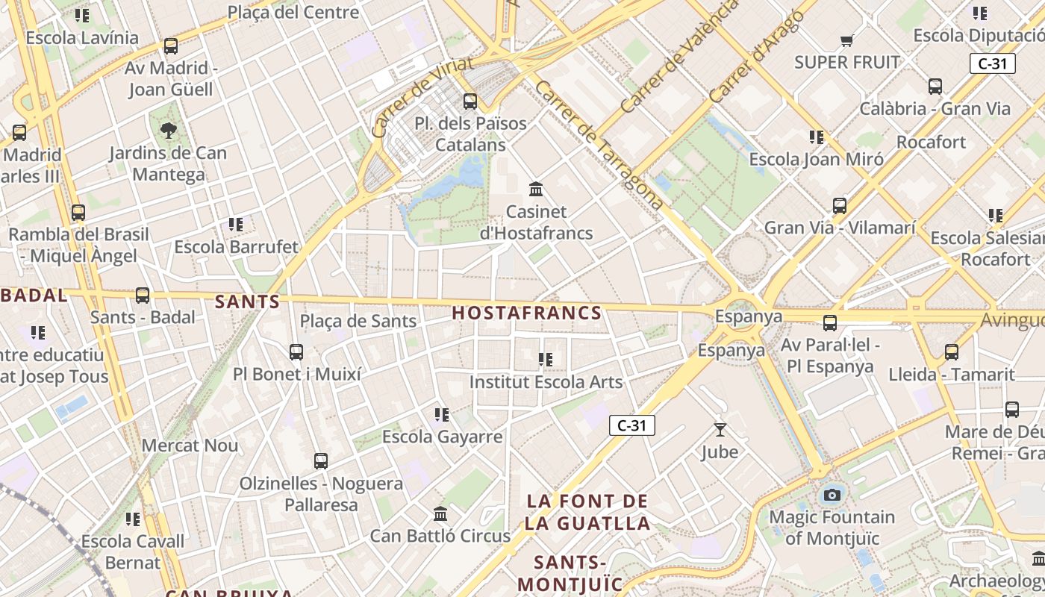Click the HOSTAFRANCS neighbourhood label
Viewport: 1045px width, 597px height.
pos(526,313)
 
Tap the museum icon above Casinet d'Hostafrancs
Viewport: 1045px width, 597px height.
pos(535,190)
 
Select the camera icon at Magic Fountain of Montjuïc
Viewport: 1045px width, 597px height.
pos(832,495)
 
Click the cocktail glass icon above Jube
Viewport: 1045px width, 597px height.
pos(720,430)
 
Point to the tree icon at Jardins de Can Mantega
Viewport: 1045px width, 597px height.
pos(169,131)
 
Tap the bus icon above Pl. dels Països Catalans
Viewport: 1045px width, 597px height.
pos(470,101)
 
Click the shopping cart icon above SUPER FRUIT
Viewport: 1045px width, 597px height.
pos(846,40)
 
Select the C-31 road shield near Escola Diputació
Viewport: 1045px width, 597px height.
pos(993,63)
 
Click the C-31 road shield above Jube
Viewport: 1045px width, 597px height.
pos(631,425)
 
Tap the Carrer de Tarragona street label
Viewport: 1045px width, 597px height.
pos(599,145)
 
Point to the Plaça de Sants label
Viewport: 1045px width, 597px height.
pos(358,322)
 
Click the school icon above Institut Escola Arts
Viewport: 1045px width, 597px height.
pos(546,360)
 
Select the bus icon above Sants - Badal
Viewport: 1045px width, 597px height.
pos(143,296)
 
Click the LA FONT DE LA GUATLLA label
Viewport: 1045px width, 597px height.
pos(587,512)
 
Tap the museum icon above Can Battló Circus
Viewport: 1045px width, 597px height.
pos(440,514)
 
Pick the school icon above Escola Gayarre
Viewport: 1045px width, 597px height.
pos(442,414)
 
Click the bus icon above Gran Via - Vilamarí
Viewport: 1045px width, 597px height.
pos(839,206)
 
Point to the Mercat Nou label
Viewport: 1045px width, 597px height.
pos(190,446)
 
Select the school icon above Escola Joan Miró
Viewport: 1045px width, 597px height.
pos(816,137)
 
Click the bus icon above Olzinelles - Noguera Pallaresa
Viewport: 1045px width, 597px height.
pos(321,461)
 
